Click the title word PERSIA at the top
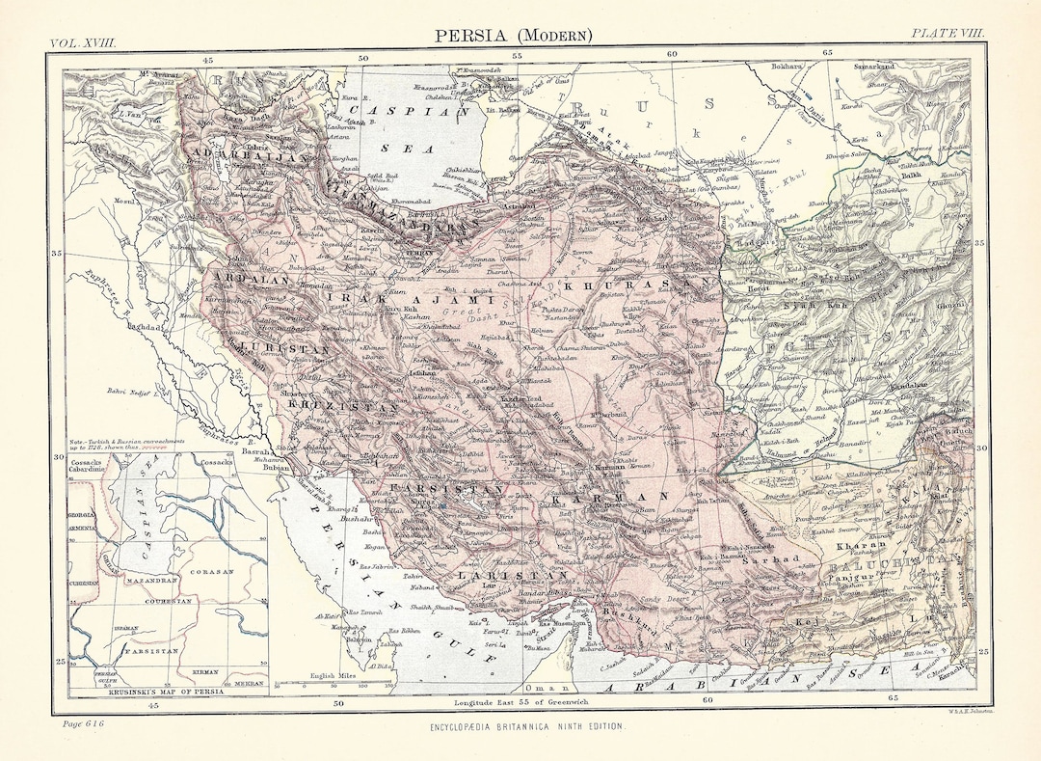(473, 36)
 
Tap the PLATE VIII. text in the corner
(949, 33)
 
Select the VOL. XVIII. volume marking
(85, 43)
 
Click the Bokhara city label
(786, 66)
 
